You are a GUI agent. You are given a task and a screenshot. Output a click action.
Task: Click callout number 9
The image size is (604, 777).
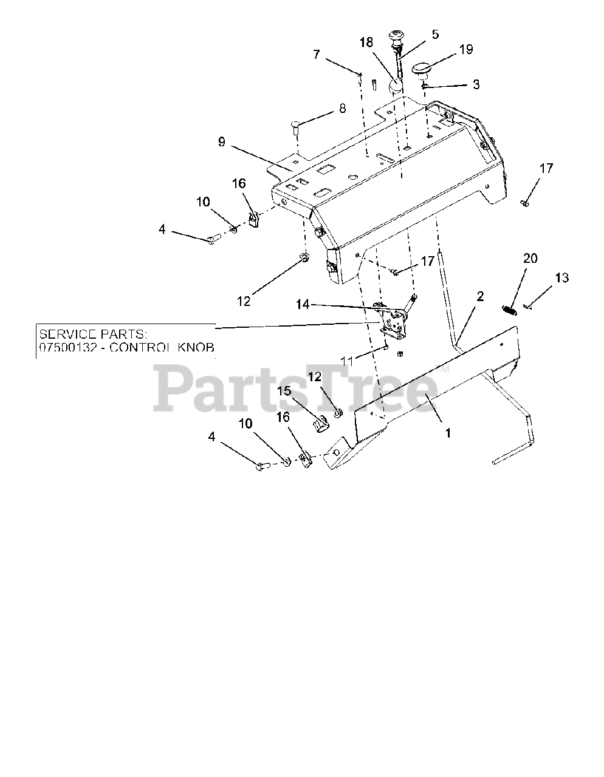tap(221, 142)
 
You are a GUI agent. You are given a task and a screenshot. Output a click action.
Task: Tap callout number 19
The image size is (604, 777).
tap(466, 50)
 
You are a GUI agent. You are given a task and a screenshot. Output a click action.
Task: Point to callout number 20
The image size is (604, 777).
tap(530, 259)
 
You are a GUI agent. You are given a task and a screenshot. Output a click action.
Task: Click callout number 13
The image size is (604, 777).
tap(561, 278)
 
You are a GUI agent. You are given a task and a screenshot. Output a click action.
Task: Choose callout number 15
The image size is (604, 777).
tap(285, 392)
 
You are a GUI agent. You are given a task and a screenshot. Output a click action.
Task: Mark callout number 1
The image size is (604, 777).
tap(448, 433)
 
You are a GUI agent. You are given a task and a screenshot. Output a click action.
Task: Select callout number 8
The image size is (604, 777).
tap(342, 109)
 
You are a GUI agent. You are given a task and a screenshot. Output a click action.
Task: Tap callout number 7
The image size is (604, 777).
tap(316, 54)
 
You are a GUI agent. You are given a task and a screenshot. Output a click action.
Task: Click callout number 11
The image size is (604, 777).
tap(346, 361)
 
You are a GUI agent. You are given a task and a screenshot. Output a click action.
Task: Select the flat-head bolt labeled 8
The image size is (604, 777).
tap(295, 128)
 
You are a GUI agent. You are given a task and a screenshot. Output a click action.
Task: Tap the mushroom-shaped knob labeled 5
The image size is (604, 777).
tap(397, 38)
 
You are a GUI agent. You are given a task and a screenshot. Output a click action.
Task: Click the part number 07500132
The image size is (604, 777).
tap(63, 348)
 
